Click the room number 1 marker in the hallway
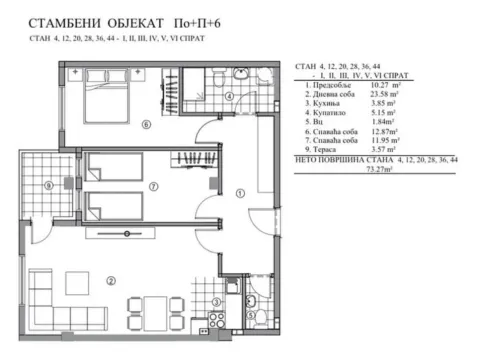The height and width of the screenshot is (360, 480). [238, 193]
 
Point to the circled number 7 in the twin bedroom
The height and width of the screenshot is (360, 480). [152, 186]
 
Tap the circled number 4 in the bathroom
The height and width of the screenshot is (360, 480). [228, 97]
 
